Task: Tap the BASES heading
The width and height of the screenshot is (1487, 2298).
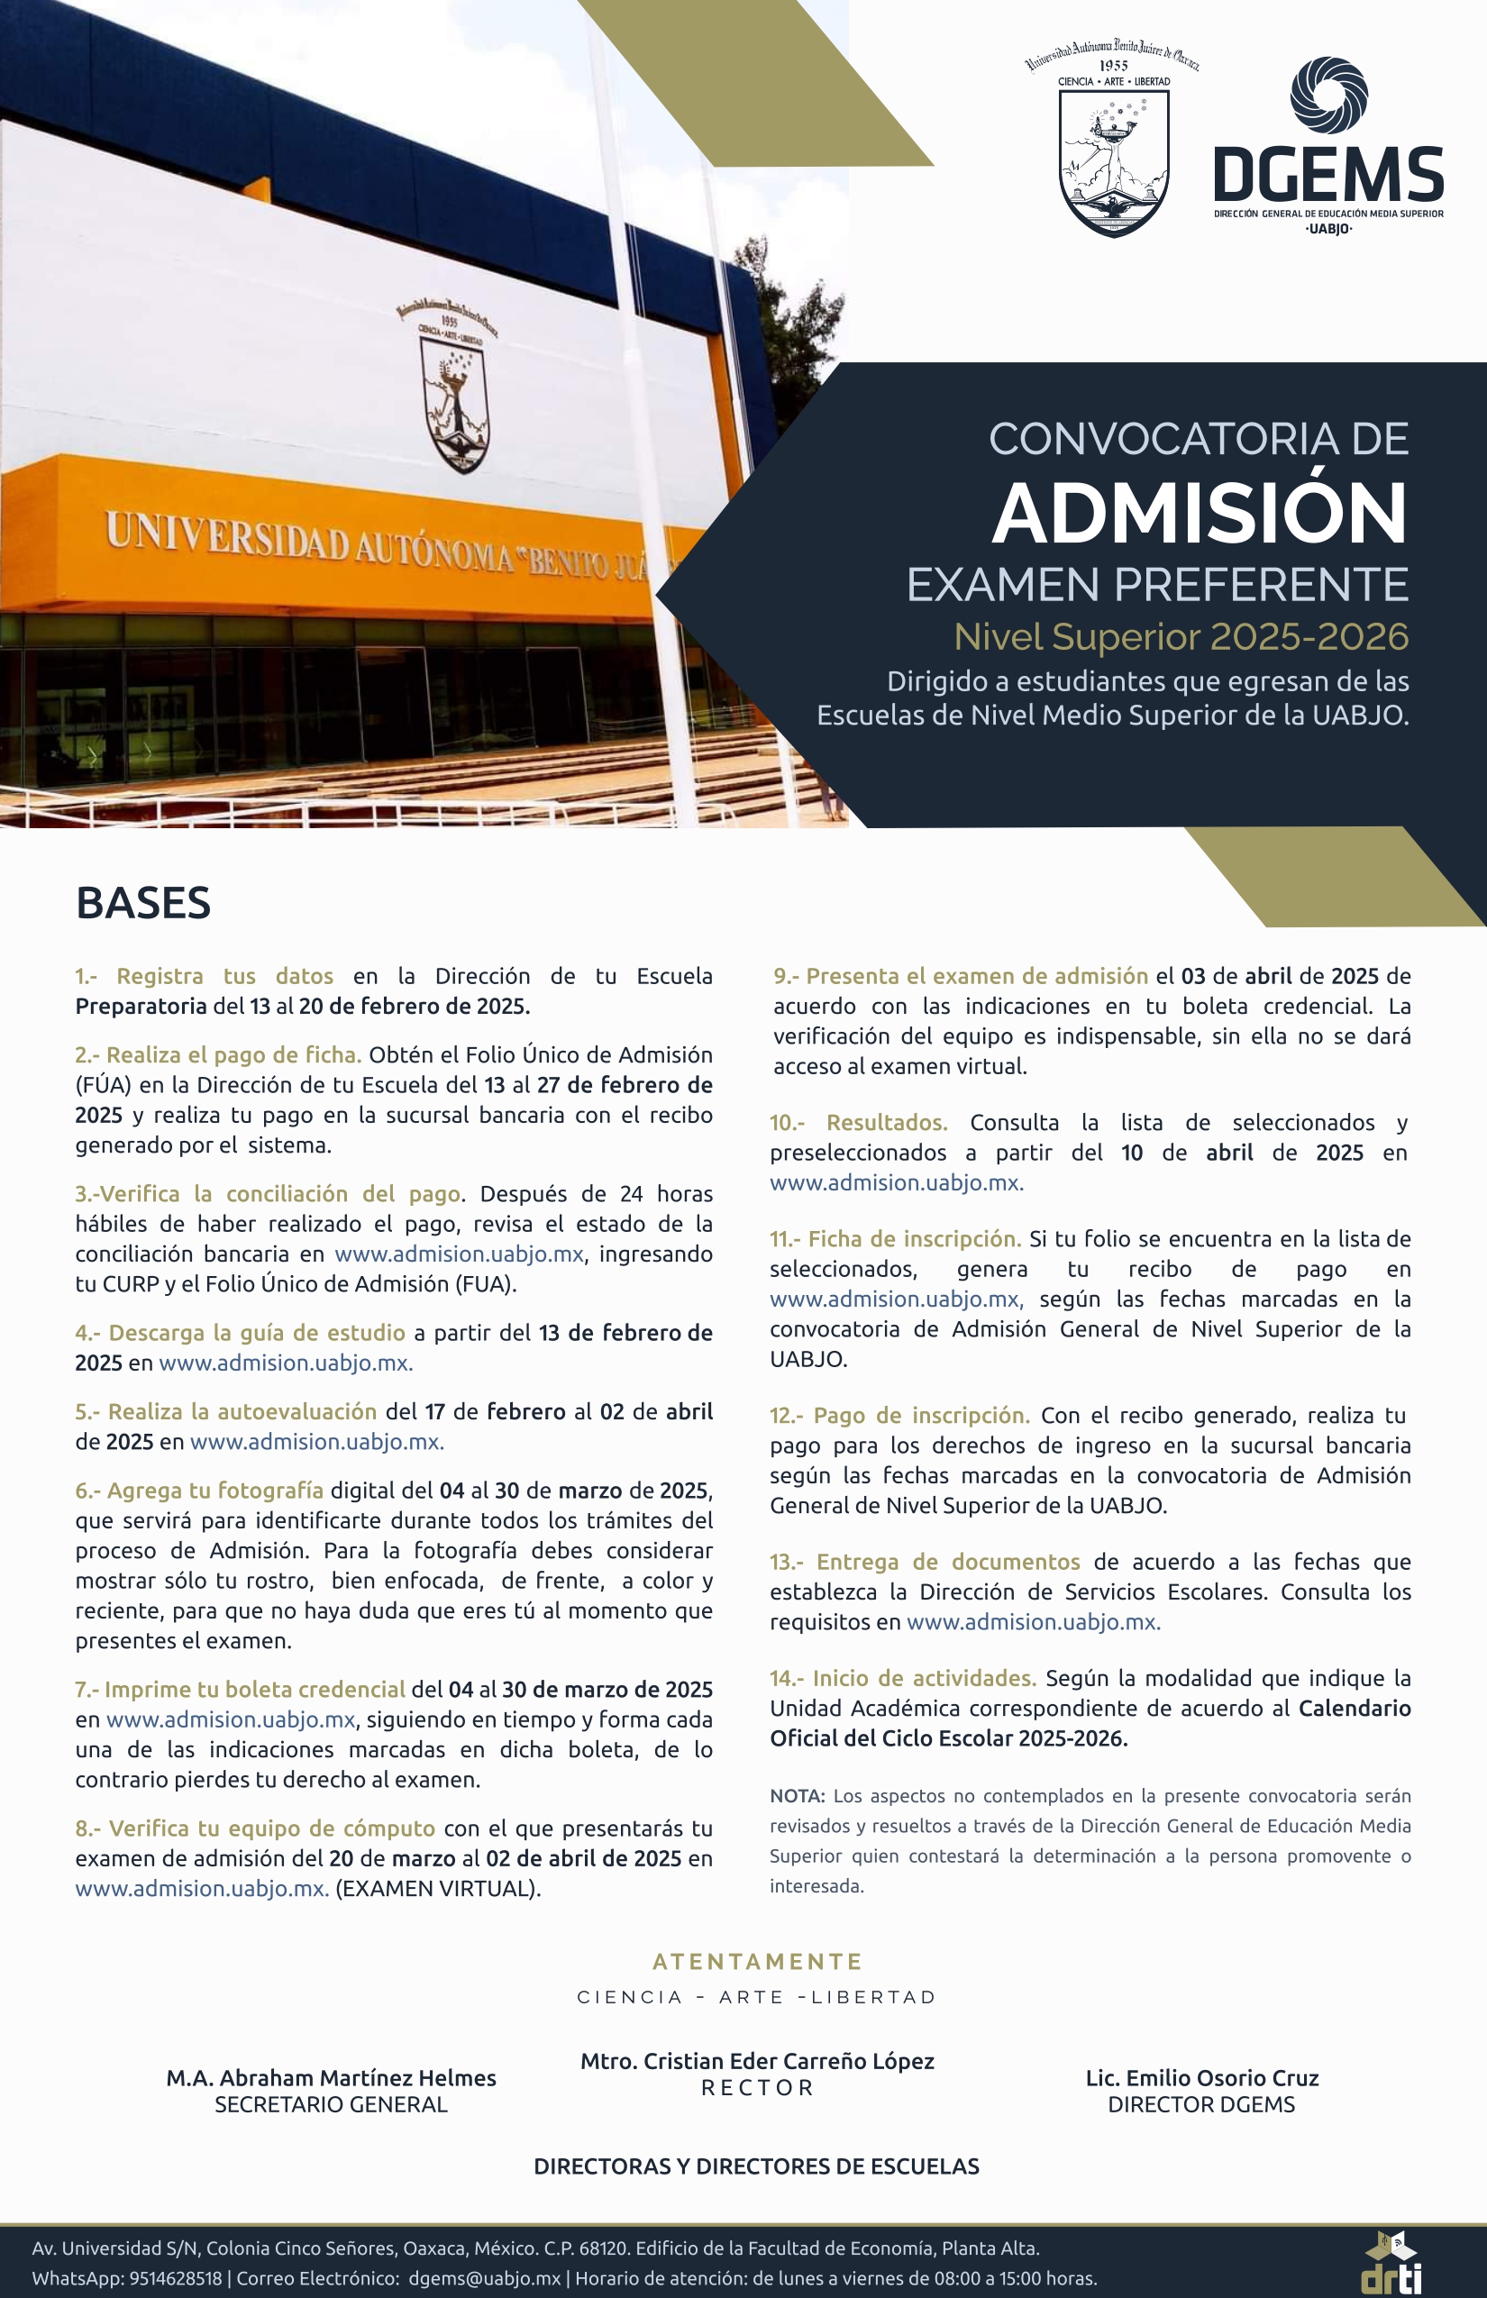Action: tap(143, 904)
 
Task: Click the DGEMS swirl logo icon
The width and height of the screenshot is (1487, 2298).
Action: tap(1328, 95)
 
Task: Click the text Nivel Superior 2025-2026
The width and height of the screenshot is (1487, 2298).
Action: tap(1181, 637)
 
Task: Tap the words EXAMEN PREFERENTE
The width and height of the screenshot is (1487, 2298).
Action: tap(1157, 585)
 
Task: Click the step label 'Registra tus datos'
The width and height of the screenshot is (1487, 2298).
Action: tap(224, 976)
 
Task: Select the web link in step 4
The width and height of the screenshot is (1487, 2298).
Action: tap(286, 1363)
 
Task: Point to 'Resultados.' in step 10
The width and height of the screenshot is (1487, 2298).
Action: tap(887, 1122)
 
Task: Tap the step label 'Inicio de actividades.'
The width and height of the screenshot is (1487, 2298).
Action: tap(924, 1678)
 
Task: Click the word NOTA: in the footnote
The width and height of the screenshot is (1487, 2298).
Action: tap(797, 1796)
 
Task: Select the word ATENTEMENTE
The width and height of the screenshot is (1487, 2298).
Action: tap(757, 1961)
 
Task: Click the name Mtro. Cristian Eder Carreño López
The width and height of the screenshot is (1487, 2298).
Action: tap(757, 2060)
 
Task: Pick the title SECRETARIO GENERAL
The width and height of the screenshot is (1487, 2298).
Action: tap(332, 2105)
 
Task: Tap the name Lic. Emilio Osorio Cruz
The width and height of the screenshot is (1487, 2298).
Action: tap(1201, 2078)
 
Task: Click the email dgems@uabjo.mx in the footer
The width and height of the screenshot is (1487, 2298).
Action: tap(485, 2278)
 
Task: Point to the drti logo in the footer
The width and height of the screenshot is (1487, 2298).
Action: tap(1391, 2262)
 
